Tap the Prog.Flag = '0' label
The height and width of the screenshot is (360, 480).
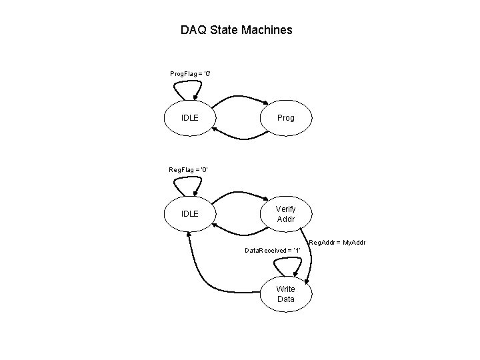(x=191, y=72)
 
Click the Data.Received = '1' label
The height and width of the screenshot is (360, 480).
(x=273, y=250)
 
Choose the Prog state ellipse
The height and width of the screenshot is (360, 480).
(x=285, y=118)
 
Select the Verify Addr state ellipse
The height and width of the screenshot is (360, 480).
(x=285, y=214)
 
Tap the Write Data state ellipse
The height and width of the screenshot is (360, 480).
(x=285, y=294)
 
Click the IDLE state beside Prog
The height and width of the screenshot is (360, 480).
(x=190, y=118)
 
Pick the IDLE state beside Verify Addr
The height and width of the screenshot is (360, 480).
(x=190, y=214)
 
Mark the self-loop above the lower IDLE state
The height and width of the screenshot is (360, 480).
(x=190, y=182)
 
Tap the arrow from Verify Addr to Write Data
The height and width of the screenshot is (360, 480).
(x=315, y=257)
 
